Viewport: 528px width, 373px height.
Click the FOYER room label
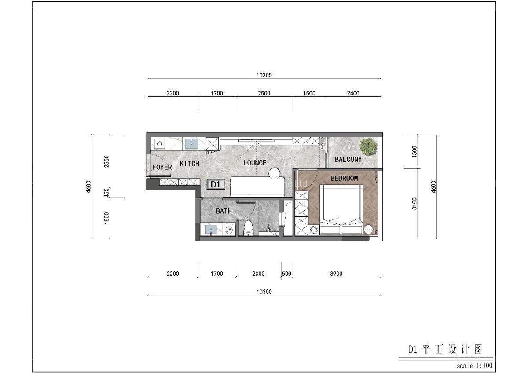click(162, 167)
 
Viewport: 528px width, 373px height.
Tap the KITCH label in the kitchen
click(190, 164)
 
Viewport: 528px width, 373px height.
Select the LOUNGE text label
click(255, 163)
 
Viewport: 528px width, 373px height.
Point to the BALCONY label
click(348, 159)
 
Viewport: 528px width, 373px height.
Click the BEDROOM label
click(344, 178)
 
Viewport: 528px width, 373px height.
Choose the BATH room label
click(224, 211)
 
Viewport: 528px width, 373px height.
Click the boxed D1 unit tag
click(215, 184)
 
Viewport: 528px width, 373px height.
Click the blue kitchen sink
click(191, 143)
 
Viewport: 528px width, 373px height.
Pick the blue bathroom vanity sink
click(212, 230)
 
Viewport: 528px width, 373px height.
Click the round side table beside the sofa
click(275, 174)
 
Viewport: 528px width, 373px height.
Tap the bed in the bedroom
click(341, 207)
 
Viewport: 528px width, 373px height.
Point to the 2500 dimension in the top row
click(264, 93)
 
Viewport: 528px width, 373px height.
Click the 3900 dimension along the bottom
click(336, 274)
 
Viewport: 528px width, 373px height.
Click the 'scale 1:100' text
click(474, 366)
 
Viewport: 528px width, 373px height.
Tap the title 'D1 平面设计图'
click(445, 350)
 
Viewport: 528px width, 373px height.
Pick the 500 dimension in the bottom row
click(286, 274)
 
